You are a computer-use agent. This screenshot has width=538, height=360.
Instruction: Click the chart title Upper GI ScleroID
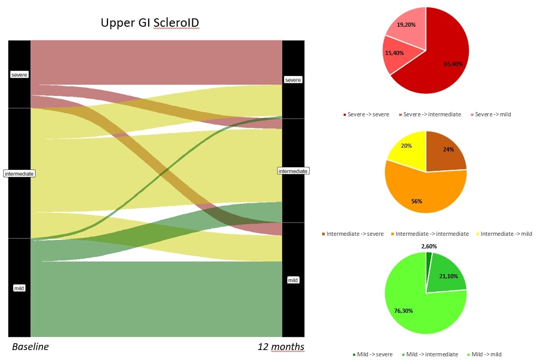150,23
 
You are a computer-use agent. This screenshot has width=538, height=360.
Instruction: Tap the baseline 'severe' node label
19,75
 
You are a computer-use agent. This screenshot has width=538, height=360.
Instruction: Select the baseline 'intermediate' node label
19,173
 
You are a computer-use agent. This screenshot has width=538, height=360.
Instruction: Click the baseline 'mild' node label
19,288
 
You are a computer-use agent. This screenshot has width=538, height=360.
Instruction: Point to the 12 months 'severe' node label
293,80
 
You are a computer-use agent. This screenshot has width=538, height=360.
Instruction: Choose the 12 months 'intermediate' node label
293,171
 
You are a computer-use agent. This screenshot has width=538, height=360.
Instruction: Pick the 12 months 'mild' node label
293,280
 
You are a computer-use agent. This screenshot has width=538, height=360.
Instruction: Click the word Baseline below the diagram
30,347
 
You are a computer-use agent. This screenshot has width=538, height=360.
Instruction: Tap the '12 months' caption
280,347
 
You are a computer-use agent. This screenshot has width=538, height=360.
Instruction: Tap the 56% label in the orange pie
416,201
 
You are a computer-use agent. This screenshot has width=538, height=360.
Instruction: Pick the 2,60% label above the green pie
429,246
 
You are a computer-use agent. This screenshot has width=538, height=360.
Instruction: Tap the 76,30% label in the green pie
403,311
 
